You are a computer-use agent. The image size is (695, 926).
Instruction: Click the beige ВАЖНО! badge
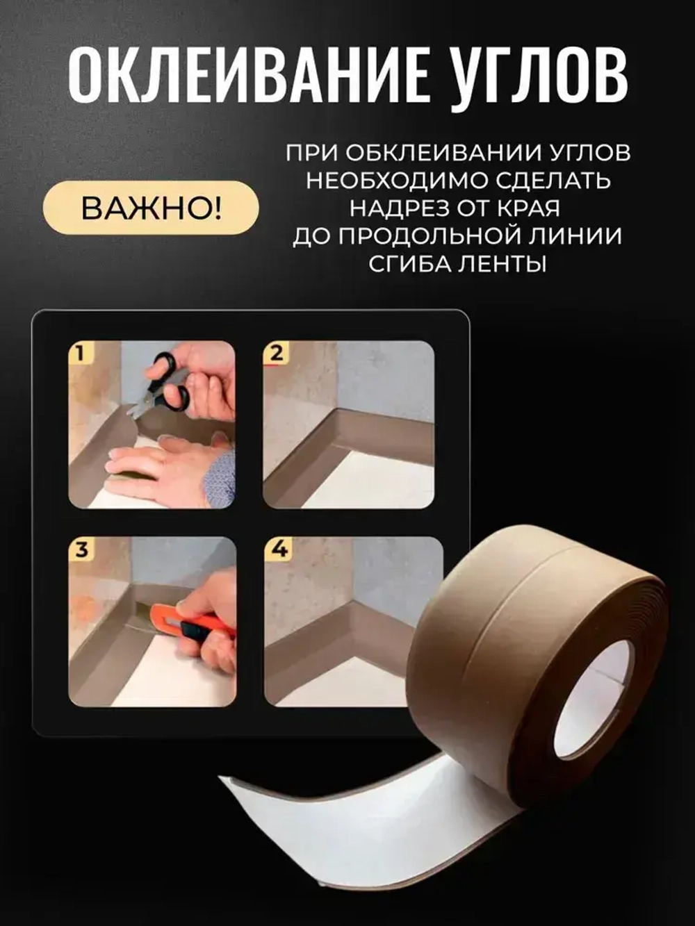click(152, 208)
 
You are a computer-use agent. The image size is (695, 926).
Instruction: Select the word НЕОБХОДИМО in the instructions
click(397, 181)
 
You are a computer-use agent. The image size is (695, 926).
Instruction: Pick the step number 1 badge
click(81, 353)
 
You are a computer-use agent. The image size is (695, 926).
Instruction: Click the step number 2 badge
click(276, 353)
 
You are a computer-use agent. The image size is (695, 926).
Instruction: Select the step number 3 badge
click(81, 549)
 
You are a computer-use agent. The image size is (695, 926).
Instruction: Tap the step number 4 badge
click(278, 549)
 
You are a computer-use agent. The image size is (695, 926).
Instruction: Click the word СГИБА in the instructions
click(404, 264)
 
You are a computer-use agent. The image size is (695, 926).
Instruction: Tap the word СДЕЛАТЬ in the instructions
click(553, 181)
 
